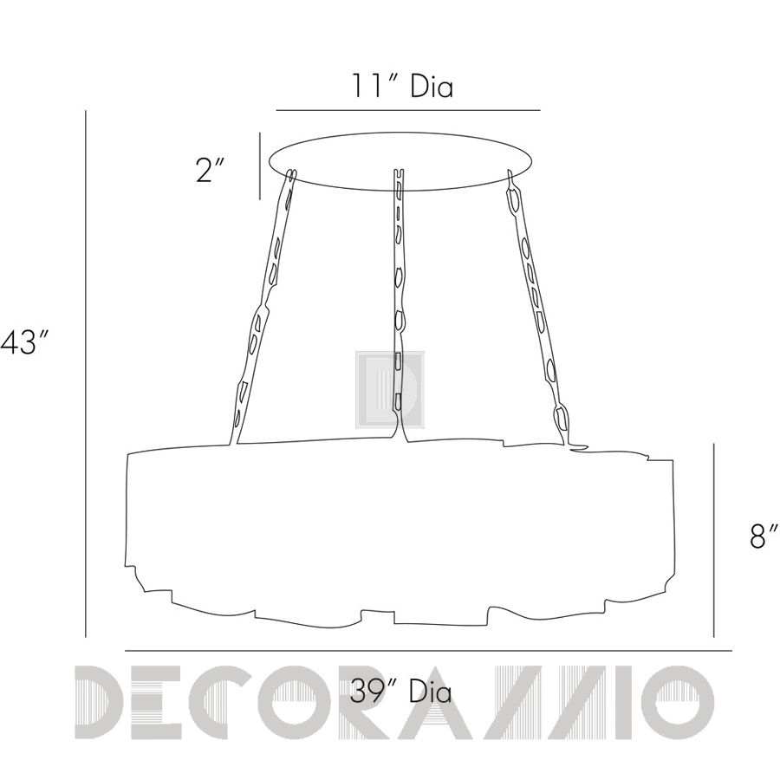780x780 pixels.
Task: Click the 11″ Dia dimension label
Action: tap(403, 86)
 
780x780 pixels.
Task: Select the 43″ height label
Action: tap(24, 343)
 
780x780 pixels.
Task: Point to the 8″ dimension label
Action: tap(764, 536)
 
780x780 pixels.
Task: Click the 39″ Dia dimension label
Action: tap(401, 692)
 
